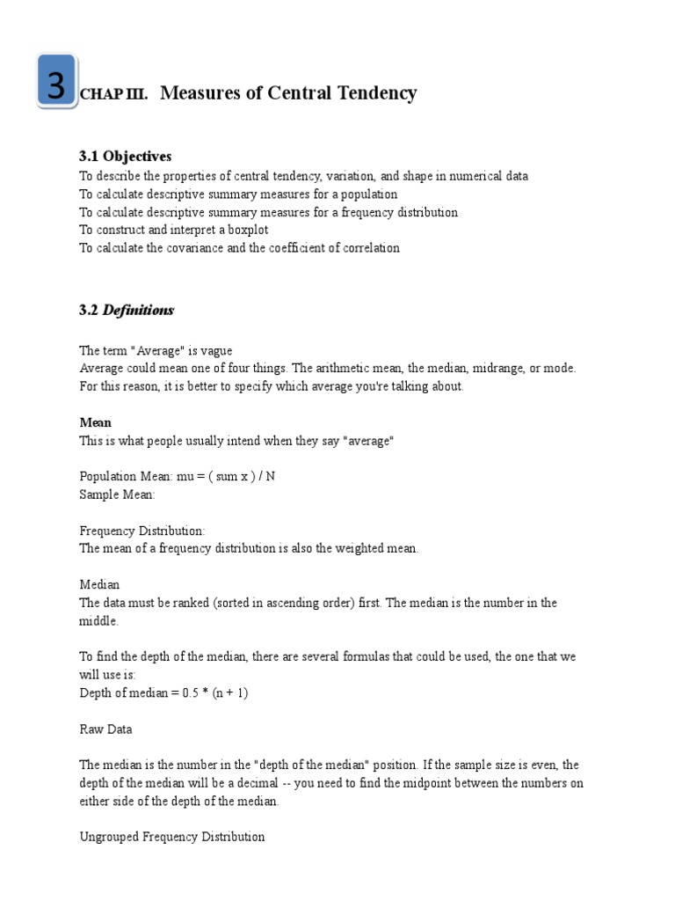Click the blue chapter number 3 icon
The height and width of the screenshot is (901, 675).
click(56, 83)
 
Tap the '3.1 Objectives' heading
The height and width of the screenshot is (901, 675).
click(125, 157)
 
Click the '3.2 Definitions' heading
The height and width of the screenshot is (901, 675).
click(127, 310)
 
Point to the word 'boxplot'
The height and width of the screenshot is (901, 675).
click(248, 230)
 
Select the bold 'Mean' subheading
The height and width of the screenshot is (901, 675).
click(95, 422)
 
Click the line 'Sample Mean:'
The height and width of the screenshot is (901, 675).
click(117, 494)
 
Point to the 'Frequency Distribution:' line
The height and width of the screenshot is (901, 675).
click(142, 531)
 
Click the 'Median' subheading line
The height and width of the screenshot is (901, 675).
click(99, 584)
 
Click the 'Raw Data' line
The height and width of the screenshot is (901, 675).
click(105, 729)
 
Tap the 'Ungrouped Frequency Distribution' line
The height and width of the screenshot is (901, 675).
click(171, 836)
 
